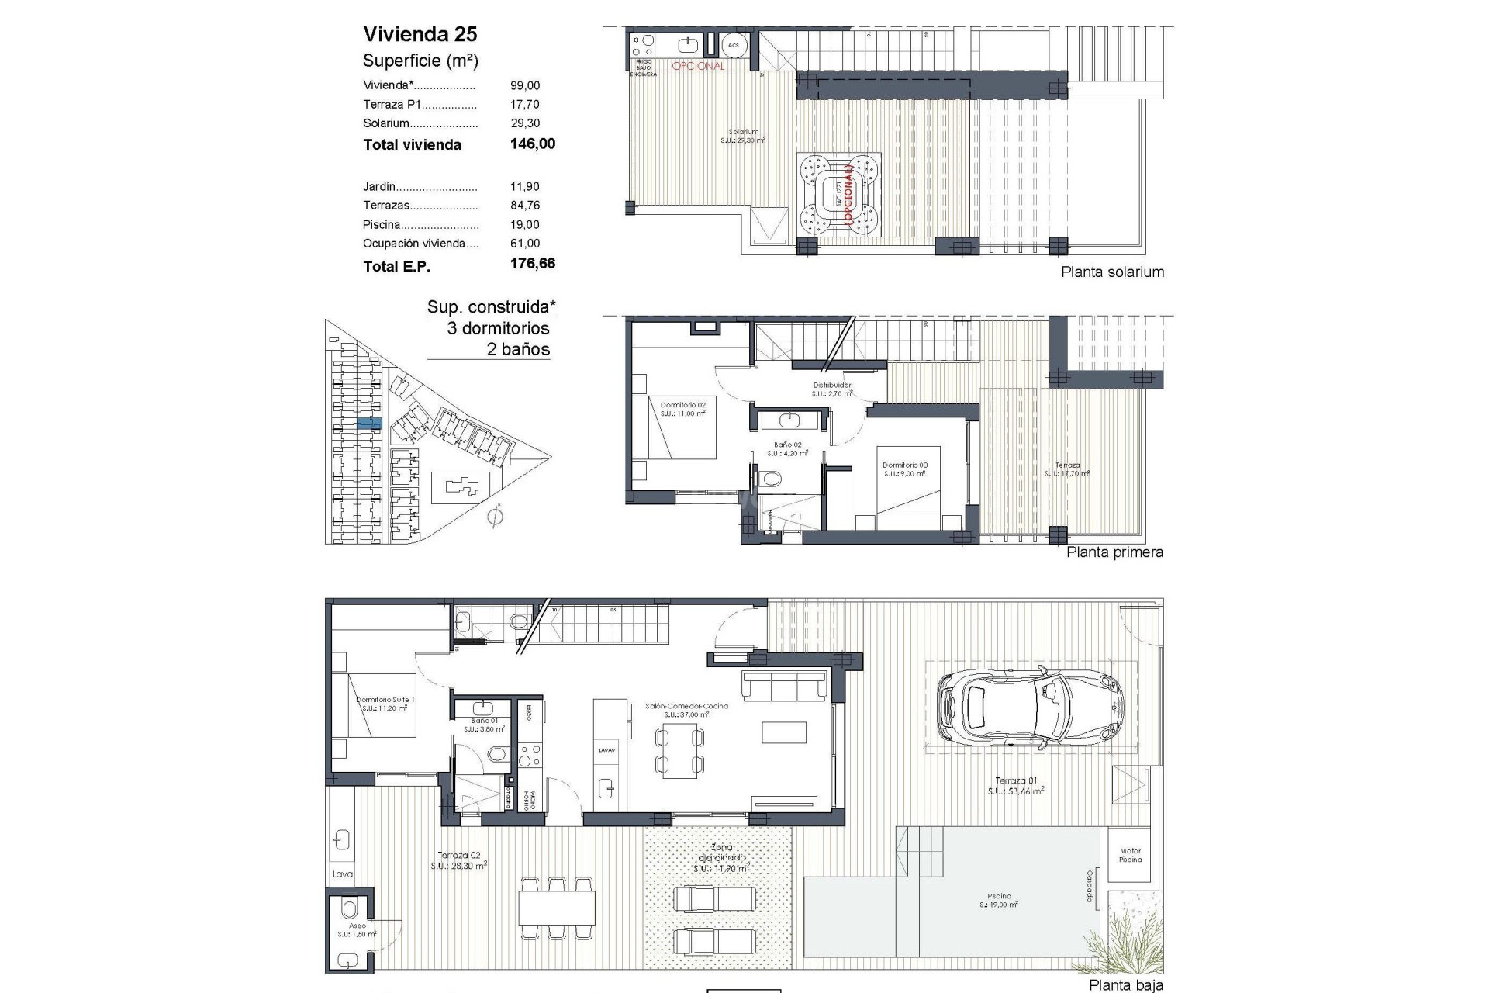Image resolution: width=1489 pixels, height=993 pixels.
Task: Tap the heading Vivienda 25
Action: coord(420,34)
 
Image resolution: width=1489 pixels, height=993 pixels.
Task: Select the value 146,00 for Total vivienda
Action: coord(532,144)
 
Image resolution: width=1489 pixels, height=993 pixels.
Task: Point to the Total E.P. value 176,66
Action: coord(532,264)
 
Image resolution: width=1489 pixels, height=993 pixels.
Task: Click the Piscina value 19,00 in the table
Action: coord(525,224)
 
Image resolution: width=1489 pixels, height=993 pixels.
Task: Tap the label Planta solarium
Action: coord(1112,272)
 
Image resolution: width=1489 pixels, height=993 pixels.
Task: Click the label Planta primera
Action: coord(1114,552)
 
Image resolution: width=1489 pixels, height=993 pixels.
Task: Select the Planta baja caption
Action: coord(1125,985)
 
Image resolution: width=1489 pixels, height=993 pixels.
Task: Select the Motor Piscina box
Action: coord(1130,855)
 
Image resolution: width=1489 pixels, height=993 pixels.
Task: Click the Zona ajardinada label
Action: coord(720,858)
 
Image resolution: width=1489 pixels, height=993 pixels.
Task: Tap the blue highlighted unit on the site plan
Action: coord(369,424)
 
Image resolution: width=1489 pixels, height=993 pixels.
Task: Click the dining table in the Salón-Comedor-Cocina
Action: coord(681,751)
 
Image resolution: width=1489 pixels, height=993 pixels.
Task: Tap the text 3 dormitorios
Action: coord(498,328)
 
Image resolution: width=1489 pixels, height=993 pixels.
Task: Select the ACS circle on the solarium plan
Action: coord(733,46)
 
